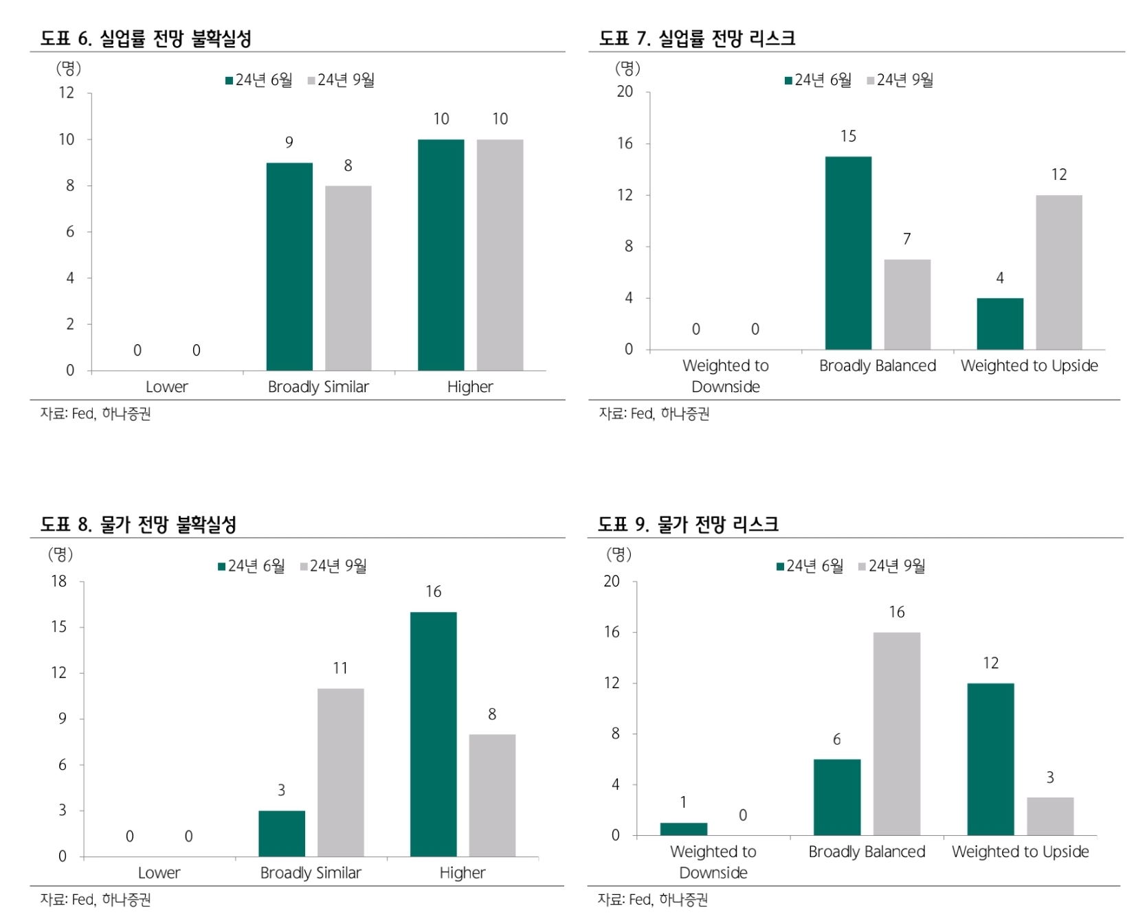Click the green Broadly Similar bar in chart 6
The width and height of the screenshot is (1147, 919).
pos(289,266)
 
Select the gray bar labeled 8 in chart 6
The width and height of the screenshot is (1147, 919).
pos(348,278)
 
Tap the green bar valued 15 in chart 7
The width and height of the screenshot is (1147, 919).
pos(848,253)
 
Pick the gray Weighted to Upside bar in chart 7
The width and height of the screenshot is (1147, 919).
pos(1058,272)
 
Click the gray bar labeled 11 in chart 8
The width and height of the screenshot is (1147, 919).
pos(340,772)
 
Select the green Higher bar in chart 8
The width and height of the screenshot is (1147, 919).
pos(433,734)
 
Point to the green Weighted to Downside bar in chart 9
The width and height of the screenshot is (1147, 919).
pos(683,828)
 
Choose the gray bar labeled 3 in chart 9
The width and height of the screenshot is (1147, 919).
pos(1049,816)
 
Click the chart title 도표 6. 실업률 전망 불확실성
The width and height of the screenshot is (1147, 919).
pos(146,38)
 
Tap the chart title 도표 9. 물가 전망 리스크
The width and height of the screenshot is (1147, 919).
pos(688,525)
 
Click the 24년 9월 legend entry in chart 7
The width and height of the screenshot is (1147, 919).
pos(900,80)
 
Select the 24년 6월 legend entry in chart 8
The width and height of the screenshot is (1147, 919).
pos(252,566)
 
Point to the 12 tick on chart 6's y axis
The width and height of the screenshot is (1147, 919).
pos(66,93)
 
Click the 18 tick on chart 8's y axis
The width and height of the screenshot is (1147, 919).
pos(59,581)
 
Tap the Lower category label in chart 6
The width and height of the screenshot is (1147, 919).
pos(166,387)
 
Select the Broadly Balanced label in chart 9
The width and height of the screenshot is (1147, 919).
pos(867,852)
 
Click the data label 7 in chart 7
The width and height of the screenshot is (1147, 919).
pos(906,239)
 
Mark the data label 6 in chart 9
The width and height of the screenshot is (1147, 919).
pos(836,739)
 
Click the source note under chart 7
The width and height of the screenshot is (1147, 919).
pos(654,413)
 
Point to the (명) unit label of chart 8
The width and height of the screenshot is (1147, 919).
pos(60,554)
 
